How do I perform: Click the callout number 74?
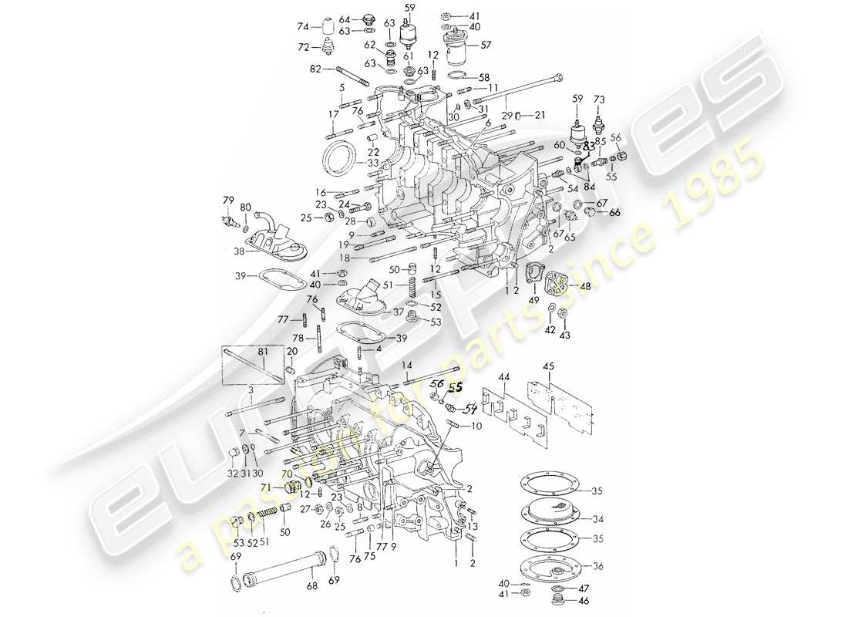tap(303, 26)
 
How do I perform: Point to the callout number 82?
tap(315, 69)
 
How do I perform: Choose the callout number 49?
tap(532, 300)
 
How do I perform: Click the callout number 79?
tap(228, 201)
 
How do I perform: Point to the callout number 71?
tap(286, 487)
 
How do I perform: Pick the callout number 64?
tap(344, 19)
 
